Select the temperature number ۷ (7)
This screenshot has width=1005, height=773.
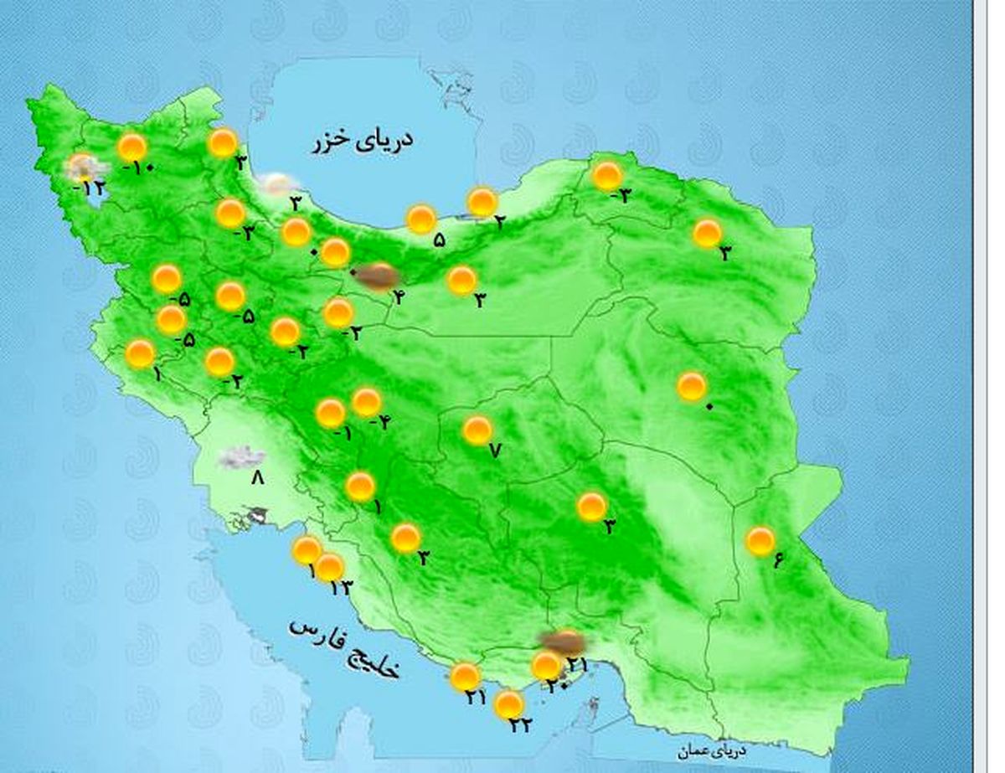point(494,451)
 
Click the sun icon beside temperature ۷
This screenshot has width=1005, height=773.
point(477,430)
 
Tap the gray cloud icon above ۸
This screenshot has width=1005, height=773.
point(242,457)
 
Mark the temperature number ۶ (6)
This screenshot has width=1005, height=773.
point(777,561)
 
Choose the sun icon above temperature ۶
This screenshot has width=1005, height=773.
point(760,541)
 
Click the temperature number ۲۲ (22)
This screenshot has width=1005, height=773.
point(520,725)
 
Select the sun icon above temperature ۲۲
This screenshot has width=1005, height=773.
point(508,705)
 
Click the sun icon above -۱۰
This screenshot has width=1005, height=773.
point(132,147)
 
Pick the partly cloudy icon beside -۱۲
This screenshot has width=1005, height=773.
point(83,168)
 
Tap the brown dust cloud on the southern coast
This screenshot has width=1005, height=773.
point(564,642)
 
